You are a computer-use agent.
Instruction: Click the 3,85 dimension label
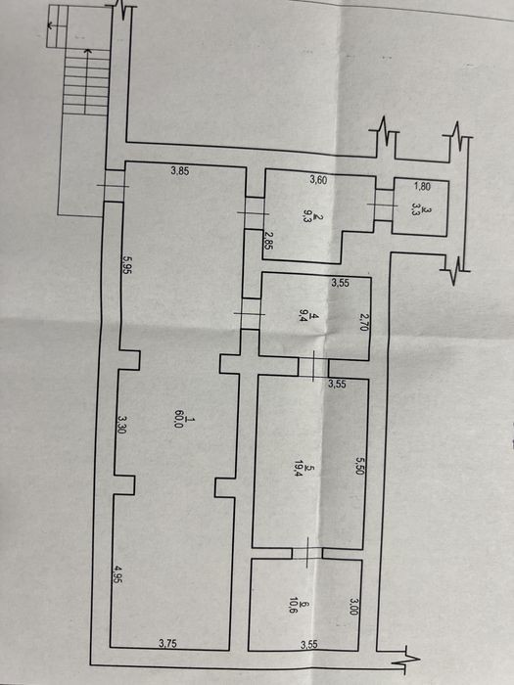tap(179, 171)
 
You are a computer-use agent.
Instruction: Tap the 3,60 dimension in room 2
tap(318, 179)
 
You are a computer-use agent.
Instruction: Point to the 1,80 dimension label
tap(422, 187)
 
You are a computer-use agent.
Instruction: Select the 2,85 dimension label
tap(268, 241)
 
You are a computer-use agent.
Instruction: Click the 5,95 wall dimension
tap(127, 264)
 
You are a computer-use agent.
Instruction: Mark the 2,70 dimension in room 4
tap(363, 321)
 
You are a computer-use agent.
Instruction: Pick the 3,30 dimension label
tap(122, 424)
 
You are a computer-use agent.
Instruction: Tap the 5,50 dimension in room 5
tap(359, 466)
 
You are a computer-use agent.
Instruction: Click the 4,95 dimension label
tap(118, 574)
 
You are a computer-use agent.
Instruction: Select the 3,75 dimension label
tap(167, 643)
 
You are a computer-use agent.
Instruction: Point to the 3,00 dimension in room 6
tap(354, 606)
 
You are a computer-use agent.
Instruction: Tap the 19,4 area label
tap(300, 469)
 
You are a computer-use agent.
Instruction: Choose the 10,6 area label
tap(293, 607)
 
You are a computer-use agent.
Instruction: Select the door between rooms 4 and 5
tap(313, 367)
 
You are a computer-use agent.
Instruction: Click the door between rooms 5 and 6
tap(307, 553)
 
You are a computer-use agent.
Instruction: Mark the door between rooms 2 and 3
tap(384, 205)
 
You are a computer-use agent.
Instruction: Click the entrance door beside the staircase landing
tap(115, 186)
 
